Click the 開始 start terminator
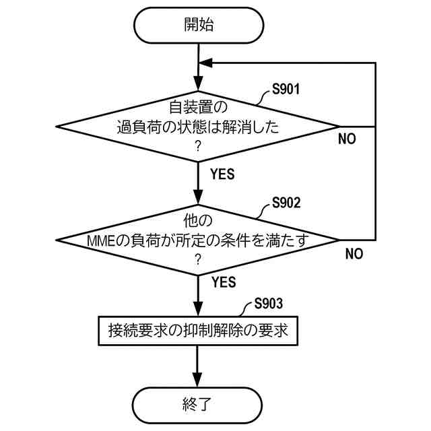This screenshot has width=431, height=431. point(198,26)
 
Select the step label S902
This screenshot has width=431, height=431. point(286,202)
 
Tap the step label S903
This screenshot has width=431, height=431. point(268,305)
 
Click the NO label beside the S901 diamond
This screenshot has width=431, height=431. point(347,140)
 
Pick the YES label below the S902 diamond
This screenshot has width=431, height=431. point(223,280)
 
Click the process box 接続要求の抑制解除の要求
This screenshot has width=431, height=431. point(198,331)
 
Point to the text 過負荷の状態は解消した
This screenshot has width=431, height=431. point(198,126)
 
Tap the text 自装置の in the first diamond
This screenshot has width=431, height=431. point(198,106)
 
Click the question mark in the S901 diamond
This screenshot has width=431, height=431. point(198,145)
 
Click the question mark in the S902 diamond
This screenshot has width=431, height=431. point(198,259)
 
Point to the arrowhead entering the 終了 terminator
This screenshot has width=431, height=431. point(198,380)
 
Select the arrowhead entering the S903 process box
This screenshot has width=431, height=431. point(198,309)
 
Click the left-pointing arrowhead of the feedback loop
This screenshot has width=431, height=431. point(207,63)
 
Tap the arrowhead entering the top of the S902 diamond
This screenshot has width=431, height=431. point(198,199)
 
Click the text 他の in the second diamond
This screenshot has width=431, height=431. point(198,221)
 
